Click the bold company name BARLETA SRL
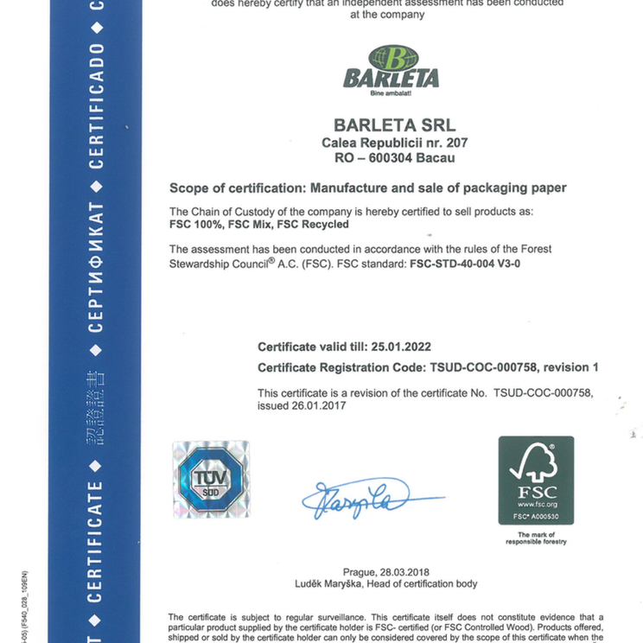[394, 125]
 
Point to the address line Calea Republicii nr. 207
[394, 143]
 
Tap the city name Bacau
[435, 158]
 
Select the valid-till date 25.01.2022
[401, 347]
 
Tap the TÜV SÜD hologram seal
[211, 479]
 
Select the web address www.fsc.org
[537, 504]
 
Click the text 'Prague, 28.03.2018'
[385, 572]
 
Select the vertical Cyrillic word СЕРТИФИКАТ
[96, 269]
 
